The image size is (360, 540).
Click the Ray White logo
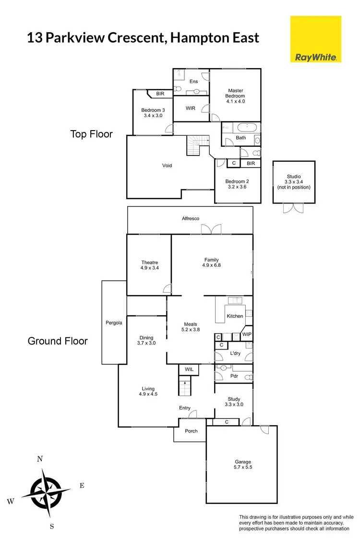(x=316, y=39)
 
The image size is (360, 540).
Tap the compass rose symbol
(x=46, y=490)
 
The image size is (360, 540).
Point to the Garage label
(x=242, y=464)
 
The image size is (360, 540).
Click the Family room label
(x=211, y=263)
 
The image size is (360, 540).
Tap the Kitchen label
(x=235, y=316)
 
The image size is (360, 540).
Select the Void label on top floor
(x=167, y=166)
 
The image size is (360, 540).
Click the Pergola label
(x=114, y=323)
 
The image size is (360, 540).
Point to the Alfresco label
(x=190, y=219)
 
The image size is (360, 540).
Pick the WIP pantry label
(x=247, y=334)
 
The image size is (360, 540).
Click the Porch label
(x=191, y=431)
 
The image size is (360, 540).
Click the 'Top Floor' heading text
(x=91, y=134)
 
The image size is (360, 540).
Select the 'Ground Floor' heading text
(x=58, y=341)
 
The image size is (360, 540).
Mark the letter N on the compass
(x=40, y=459)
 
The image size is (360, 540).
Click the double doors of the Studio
(x=293, y=208)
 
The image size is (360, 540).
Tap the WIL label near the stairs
(x=189, y=369)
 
